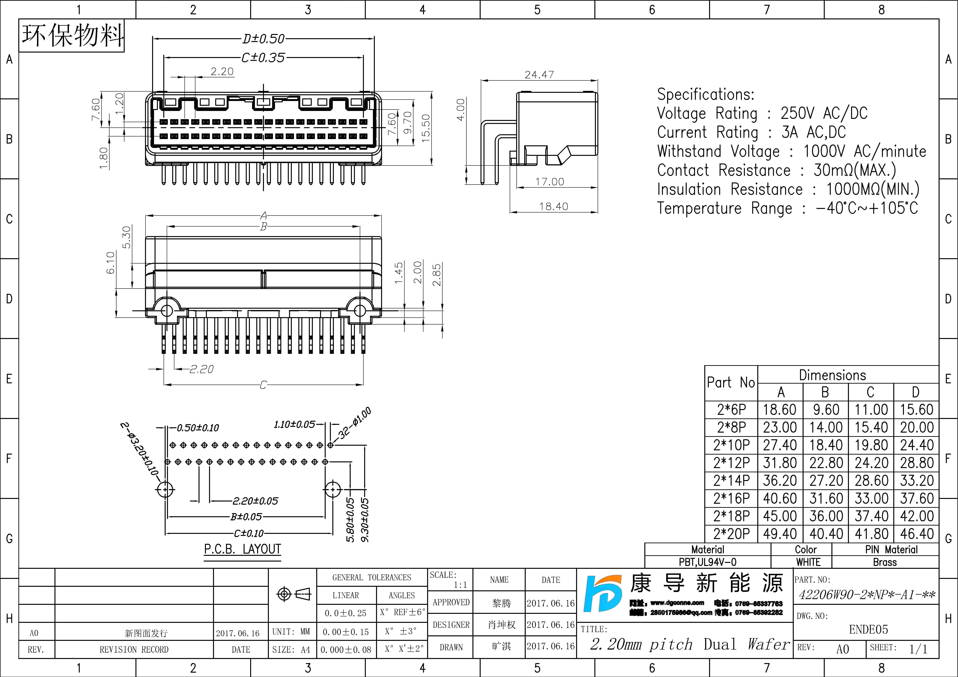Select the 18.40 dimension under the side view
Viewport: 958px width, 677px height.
click(x=554, y=206)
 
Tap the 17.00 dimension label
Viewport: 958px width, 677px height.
click(x=549, y=182)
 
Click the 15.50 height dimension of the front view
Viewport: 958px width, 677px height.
click(x=426, y=128)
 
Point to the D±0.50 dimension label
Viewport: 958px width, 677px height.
click(x=263, y=39)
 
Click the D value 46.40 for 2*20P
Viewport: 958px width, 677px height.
click(x=916, y=534)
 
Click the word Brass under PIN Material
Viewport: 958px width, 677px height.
click(x=885, y=562)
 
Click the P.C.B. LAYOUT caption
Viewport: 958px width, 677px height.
click(x=242, y=549)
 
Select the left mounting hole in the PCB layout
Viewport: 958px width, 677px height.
click(x=166, y=489)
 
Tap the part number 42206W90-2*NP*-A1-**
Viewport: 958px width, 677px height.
click(x=867, y=595)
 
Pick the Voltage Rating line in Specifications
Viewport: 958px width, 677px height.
click(x=762, y=113)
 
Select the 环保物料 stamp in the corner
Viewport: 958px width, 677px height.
click(x=72, y=35)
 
